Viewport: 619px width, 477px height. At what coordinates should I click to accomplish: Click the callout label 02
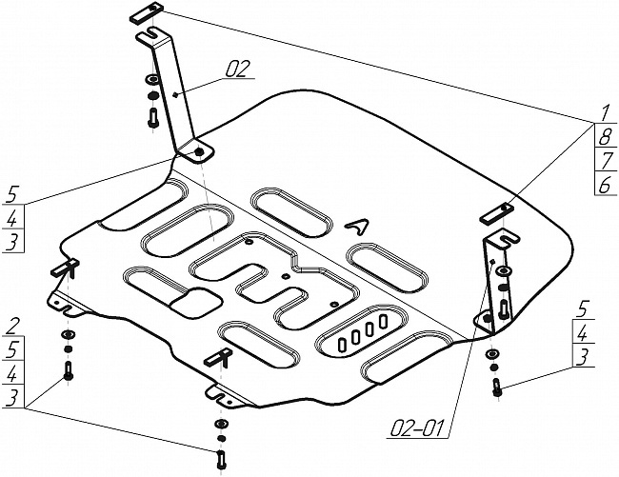238,69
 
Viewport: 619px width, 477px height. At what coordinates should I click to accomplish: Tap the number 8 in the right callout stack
605,136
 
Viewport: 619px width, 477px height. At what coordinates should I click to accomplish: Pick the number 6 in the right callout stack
605,185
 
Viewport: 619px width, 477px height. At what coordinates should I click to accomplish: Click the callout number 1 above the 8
604,113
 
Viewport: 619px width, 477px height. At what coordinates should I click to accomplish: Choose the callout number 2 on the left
13,326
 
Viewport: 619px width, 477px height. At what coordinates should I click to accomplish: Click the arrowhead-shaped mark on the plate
357,226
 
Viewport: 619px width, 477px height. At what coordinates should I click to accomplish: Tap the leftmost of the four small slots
342,344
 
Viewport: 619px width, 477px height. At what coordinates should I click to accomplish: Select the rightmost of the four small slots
382,322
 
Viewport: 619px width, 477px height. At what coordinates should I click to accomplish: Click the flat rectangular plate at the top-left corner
146,12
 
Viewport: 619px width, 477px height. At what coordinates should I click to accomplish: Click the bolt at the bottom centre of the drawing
221,460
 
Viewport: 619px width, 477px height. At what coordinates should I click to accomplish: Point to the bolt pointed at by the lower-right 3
497,387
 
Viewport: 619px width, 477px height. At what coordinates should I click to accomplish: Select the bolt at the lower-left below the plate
69,370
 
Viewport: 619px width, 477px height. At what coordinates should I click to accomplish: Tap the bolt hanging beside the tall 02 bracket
152,117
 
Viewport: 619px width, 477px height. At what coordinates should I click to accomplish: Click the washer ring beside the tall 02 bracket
152,79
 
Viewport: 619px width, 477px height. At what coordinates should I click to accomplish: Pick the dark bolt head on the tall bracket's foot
199,151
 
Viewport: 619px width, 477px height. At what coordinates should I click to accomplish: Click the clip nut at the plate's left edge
66,268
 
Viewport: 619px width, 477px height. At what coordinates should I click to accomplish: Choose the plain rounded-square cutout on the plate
196,302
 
